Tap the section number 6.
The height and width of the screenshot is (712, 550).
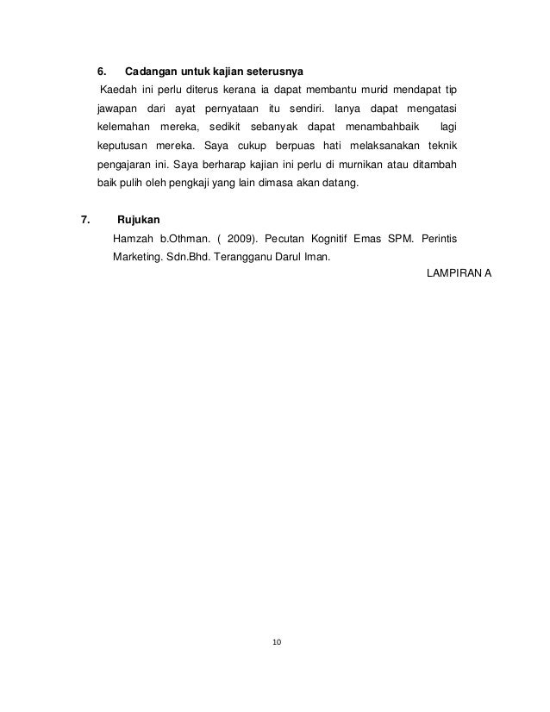pos(99,70)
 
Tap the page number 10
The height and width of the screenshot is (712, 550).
pos(276,642)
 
